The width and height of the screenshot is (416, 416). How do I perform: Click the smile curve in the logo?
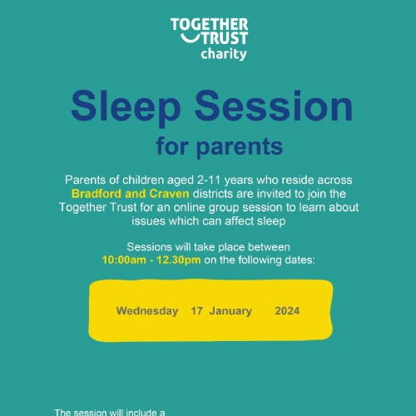coord(190,39)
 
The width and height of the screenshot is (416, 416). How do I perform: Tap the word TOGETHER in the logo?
coord(210,24)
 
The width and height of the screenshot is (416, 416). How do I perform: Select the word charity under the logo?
coord(224,54)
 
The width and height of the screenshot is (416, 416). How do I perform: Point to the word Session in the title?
coord(274,106)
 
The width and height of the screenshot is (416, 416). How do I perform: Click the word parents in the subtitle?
coord(240,147)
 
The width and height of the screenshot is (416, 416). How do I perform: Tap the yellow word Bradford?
coord(97,193)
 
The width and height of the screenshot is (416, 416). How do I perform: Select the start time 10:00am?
coord(120,260)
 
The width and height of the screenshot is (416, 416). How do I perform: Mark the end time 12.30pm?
coord(179,260)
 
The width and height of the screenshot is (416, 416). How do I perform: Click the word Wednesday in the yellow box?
coord(147,311)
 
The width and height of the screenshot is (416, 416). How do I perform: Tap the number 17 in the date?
coord(196,311)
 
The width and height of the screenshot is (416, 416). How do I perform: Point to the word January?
coord(230,311)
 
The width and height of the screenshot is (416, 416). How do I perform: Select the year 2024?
coord(287,311)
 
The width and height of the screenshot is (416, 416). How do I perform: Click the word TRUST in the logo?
coord(225,38)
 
